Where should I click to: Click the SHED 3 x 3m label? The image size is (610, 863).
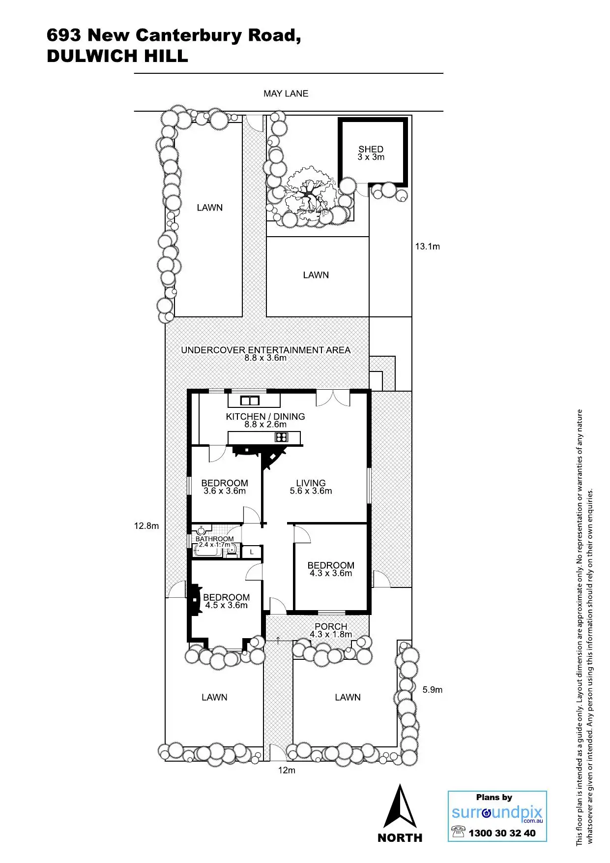(371, 153)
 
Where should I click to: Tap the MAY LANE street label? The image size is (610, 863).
(286, 93)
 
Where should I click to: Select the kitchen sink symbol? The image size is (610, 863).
(250, 401)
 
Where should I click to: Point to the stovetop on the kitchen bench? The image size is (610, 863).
(281, 437)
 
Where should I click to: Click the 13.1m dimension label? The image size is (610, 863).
(427, 247)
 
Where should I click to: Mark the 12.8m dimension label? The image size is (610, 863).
(146, 526)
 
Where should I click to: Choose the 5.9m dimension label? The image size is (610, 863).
(432, 690)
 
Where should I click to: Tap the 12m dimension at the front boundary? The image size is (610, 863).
(287, 770)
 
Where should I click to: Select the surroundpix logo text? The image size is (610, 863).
(496, 812)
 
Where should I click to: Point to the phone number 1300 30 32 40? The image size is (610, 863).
(501, 833)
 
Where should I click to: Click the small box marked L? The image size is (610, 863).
(252, 552)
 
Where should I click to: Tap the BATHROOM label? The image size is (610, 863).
(214, 539)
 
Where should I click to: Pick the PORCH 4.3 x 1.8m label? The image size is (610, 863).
(331, 630)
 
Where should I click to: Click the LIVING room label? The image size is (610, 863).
(311, 487)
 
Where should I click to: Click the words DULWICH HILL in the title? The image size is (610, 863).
(117, 56)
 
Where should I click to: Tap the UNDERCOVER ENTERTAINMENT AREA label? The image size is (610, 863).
(265, 350)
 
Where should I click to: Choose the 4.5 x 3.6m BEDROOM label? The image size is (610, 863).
(226, 601)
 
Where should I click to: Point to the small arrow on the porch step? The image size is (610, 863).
(278, 640)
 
